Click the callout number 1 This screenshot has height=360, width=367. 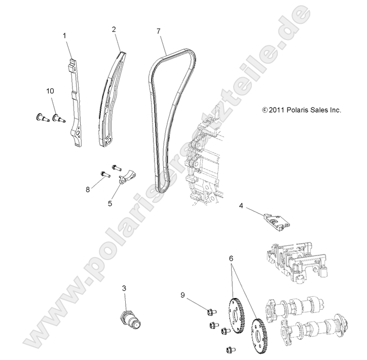click(64, 35)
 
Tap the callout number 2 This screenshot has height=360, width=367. click(114, 29)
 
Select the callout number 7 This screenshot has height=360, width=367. click(159, 31)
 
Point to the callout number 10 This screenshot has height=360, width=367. click(50, 91)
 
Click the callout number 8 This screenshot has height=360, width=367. click(88, 190)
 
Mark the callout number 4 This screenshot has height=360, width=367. click(241, 206)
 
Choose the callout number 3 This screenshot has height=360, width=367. click(124, 289)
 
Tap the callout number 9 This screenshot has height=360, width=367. click(183, 294)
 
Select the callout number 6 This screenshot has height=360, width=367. click(231, 258)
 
